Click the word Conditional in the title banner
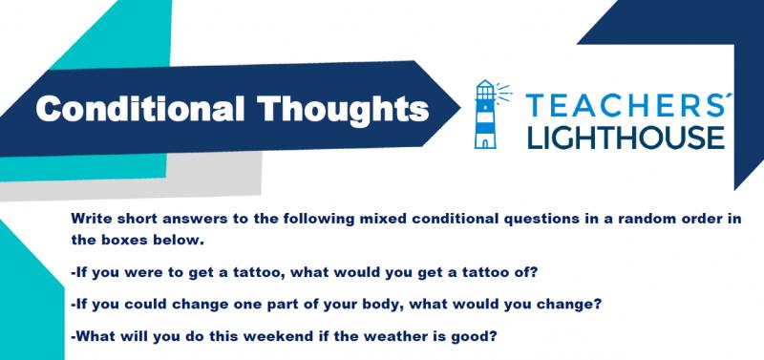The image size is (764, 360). [x=139, y=108]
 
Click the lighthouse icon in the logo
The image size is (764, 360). [x=486, y=114]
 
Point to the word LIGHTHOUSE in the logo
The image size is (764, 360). [x=626, y=137]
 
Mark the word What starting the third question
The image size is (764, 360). [x=93, y=337]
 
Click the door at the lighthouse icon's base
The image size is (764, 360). [x=486, y=142]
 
